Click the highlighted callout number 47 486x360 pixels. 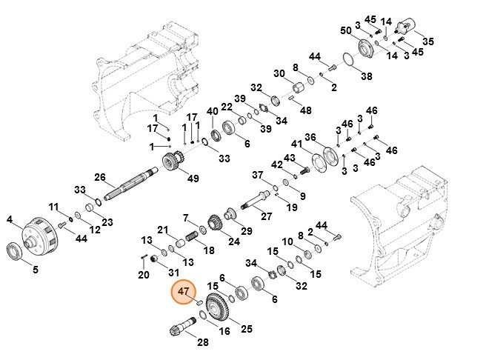tap(182, 293)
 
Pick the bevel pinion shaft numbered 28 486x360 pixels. tap(184, 324)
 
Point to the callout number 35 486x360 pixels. tap(428, 41)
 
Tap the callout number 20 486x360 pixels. tap(143, 275)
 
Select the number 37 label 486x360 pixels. tap(257, 176)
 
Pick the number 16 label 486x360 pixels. tap(224, 332)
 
